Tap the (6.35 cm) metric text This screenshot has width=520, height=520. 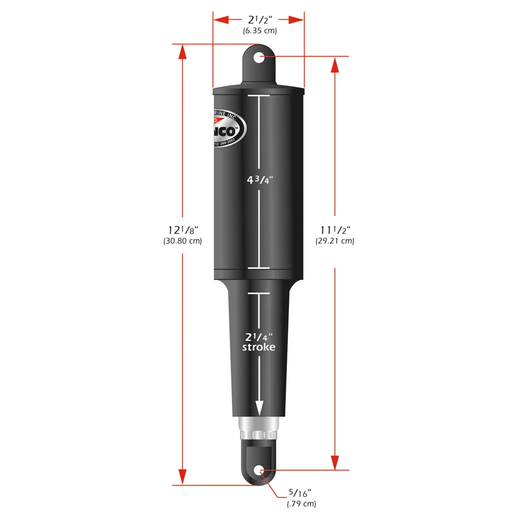[259, 31]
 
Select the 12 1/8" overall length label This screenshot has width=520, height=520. [182, 229]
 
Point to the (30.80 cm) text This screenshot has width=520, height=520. [182, 241]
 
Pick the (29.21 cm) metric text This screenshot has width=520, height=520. [335, 241]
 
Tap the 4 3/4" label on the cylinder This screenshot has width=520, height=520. [259, 180]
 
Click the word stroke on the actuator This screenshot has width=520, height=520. [258, 347]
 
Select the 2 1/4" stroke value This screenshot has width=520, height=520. [258, 336]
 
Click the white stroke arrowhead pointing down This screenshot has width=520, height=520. [259, 409]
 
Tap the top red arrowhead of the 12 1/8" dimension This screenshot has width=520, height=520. [182, 52]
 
